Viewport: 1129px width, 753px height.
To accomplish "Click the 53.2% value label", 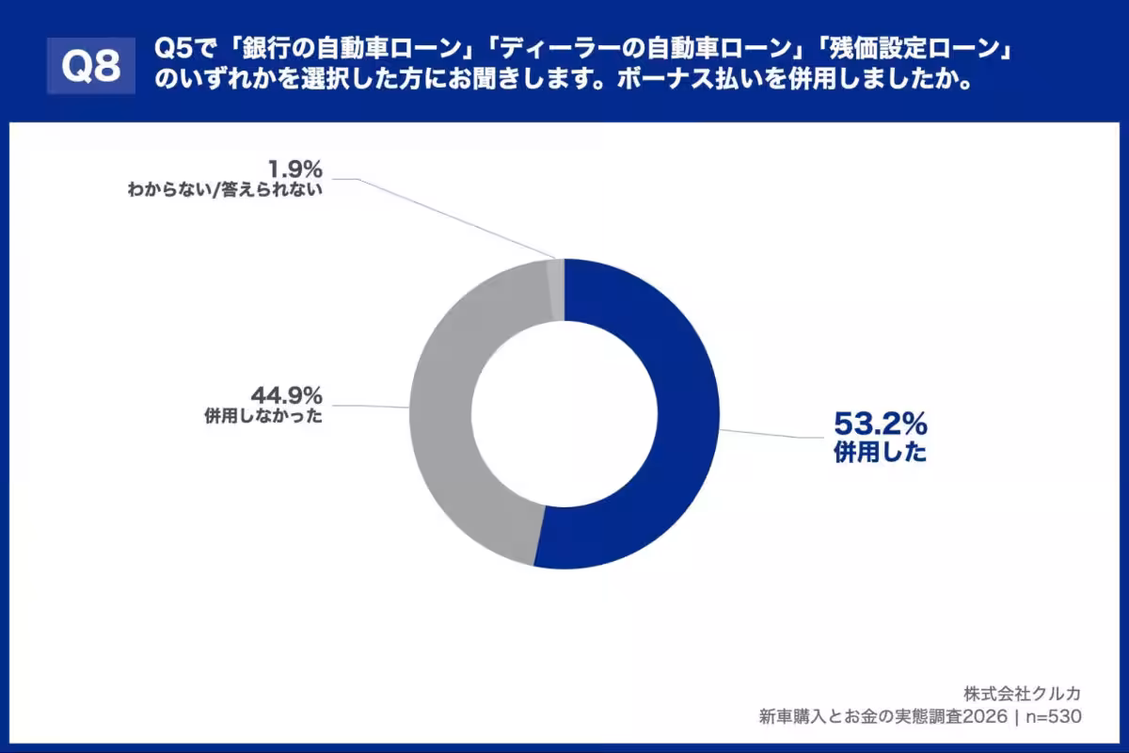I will pyautogui.click(x=880, y=424).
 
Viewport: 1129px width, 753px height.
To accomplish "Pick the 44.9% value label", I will pyautogui.click(x=286, y=393).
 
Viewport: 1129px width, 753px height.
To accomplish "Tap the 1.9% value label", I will pyautogui.click(x=294, y=169).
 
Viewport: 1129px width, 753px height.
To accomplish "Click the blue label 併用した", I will pyautogui.click(x=880, y=454).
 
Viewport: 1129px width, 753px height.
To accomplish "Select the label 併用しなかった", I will pyautogui.click(x=263, y=417).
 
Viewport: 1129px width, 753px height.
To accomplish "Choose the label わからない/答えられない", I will pyautogui.click(x=226, y=191).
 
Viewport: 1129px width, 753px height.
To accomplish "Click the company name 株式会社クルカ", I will pyautogui.click(x=1022, y=694).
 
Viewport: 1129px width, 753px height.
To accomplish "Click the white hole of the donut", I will pyautogui.click(x=564, y=414).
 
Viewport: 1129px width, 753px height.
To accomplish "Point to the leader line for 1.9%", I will pyautogui.click(x=442, y=216).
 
